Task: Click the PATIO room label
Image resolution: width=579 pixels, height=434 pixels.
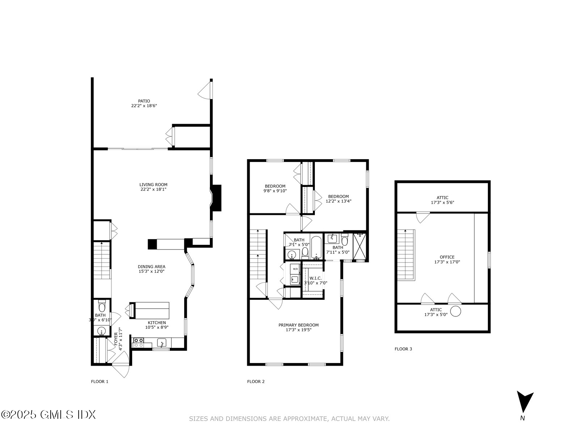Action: (x=144, y=101)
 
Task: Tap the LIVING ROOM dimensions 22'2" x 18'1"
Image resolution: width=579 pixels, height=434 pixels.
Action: (x=153, y=189)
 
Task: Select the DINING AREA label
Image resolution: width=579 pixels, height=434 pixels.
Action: (x=152, y=267)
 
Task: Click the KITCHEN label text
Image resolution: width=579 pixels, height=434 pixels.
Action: (x=157, y=323)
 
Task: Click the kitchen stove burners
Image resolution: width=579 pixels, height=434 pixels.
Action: (x=138, y=342)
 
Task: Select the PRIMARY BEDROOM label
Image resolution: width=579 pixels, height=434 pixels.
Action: (x=299, y=325)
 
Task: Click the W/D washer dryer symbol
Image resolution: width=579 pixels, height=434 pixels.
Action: (x=295, y=269)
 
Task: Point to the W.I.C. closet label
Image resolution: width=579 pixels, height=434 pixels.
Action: (x=316, y=278)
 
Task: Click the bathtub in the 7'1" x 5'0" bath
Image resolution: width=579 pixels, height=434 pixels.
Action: (x=316, y=248)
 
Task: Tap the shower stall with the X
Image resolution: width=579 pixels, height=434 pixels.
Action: (x=360, y=247)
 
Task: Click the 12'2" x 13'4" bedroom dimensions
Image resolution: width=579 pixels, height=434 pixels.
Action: (x=339, y=201)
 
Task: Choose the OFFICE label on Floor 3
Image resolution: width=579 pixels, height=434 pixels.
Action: (x=447, y=257)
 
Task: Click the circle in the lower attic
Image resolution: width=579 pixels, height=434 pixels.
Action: (x=456, y=311)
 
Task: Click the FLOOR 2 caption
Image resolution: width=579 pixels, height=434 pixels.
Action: (x=256, y=382)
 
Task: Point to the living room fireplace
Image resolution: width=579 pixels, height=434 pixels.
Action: (x=216, y=198)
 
